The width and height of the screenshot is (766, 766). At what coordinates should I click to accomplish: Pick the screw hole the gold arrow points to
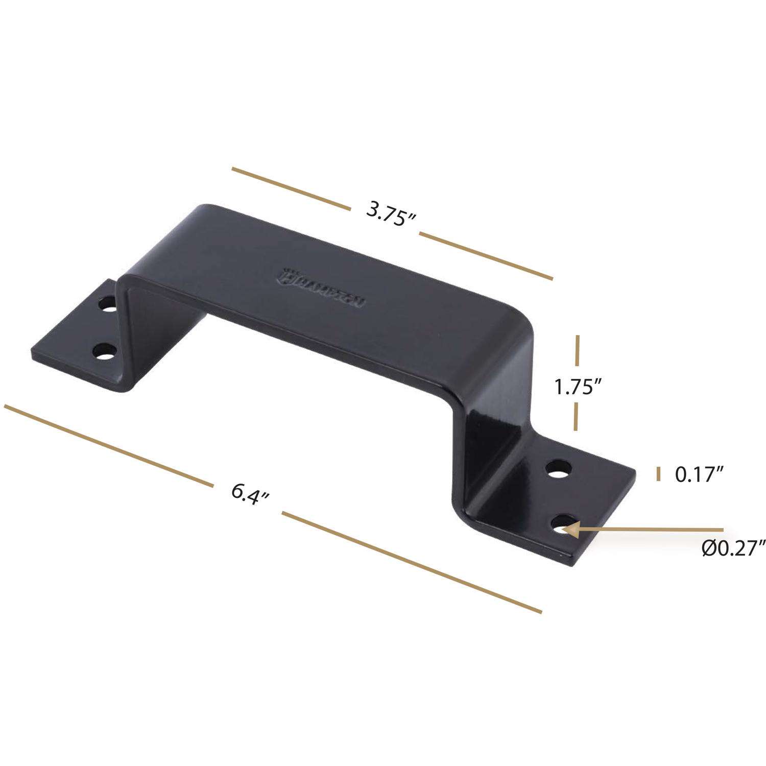(x=562, y=525)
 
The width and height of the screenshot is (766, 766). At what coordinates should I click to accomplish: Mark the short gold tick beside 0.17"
(x=658, y=473)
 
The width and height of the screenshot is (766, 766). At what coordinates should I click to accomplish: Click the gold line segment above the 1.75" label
(x=578, y=351)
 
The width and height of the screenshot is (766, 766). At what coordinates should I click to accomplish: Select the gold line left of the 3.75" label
(x=291, y=188)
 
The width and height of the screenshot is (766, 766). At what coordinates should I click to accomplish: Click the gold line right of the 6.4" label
(x=411, y=562)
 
